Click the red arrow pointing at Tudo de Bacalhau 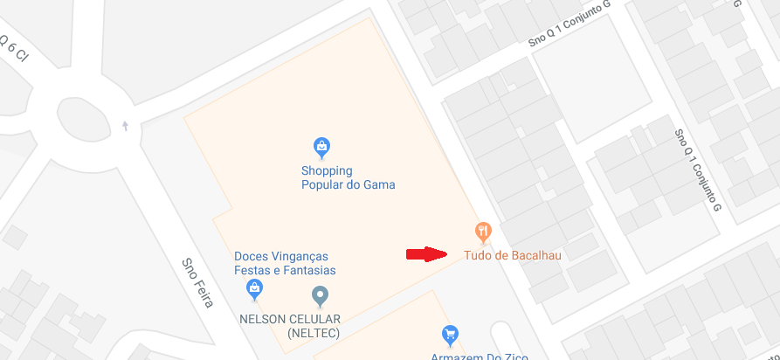click(x=426, y=255)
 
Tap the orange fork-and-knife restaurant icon click(x=483, y=232)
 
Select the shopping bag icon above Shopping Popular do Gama click(x=321, y=146)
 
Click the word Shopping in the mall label click(x=327, y=170)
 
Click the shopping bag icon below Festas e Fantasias click(x=254, y=287)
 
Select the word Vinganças click(x=298, y=256)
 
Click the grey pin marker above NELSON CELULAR click(x=320, y=296)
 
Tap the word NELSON click(x=265, y=319)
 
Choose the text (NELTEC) click(x=313, y=333)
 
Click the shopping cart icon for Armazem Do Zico click(x=450, y=335)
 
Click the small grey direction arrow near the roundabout click(x=126, y=126)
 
